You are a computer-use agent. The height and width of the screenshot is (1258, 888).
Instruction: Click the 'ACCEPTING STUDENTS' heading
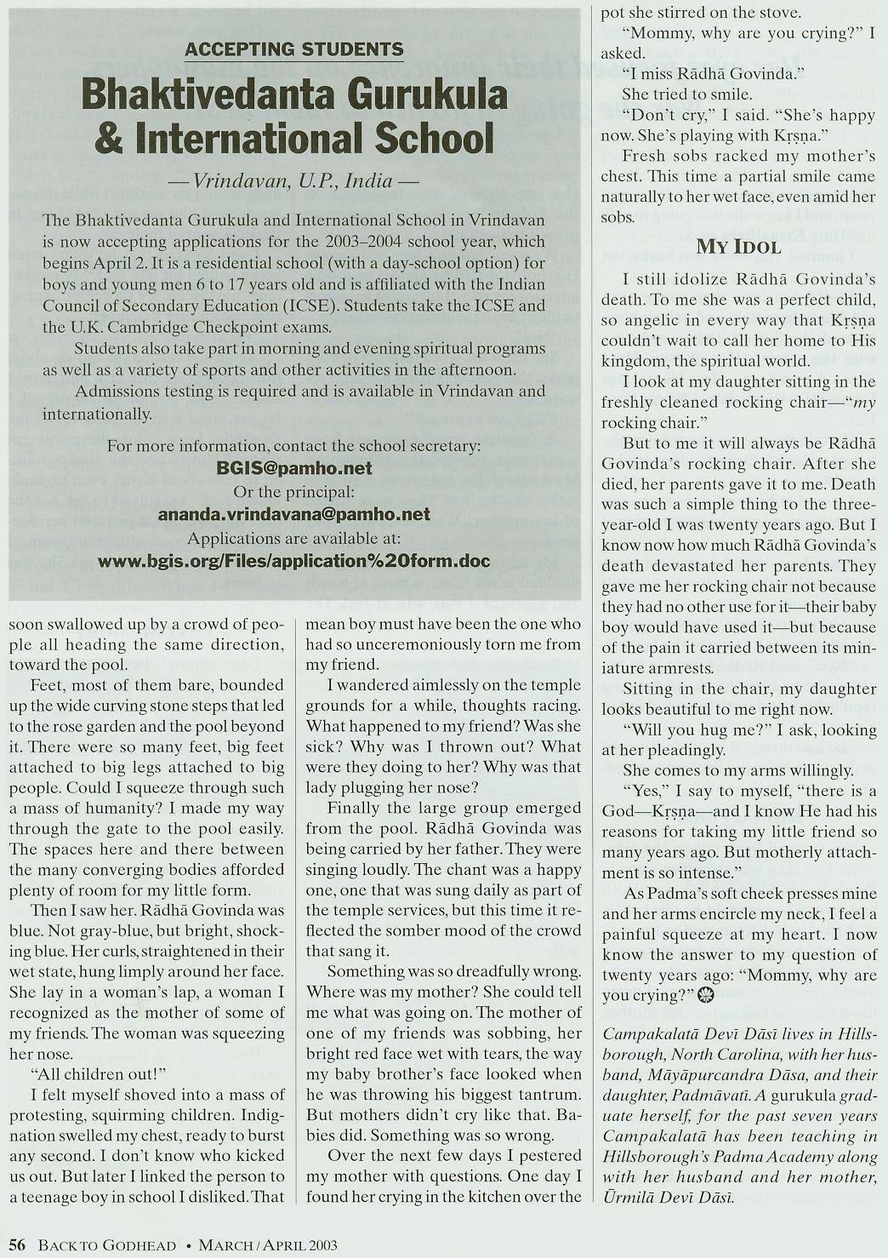coord(294,49)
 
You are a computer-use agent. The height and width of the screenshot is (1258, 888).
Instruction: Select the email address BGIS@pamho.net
coord(294,468)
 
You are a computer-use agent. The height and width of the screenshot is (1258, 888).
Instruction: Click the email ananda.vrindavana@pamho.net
coord(294,514)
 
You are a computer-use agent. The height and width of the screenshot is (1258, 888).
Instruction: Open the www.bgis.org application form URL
coord(294,561)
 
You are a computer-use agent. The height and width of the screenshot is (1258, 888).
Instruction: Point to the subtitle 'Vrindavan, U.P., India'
coord(294,180)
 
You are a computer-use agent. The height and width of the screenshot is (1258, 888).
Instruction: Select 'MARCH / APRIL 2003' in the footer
coord(268,1244)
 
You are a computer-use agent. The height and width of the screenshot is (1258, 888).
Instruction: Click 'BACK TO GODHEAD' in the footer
coord(110,1244)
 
